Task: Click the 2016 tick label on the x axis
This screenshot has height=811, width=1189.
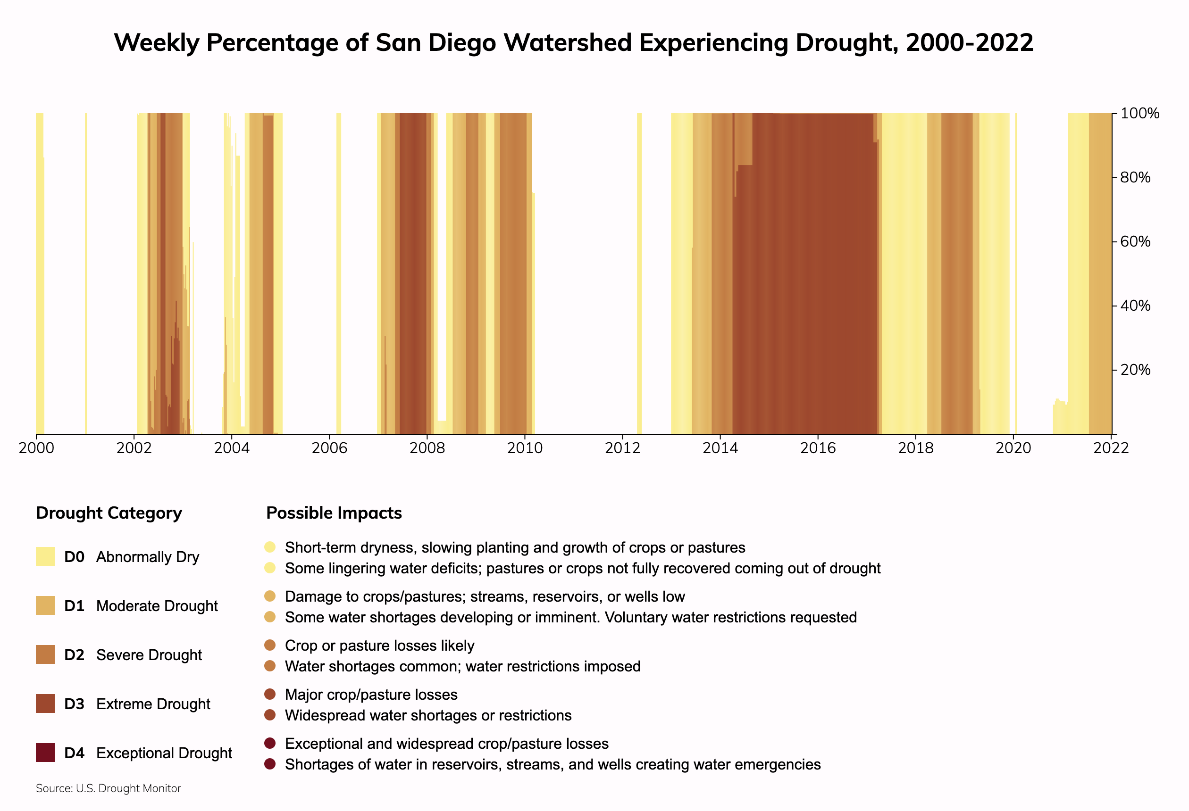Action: (x=818, y=448)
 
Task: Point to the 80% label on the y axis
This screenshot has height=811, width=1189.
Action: (x=1135, y=177)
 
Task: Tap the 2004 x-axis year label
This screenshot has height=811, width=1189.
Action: (x=231, y=448)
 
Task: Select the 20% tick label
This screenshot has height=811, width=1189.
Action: (x=1135, y=370)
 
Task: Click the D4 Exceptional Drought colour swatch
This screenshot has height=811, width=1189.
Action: (x=45, y=753)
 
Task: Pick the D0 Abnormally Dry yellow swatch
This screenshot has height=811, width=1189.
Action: (x=45, y=556)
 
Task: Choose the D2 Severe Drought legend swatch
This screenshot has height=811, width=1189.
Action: (x=45, y=654)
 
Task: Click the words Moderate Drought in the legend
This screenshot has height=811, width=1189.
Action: (x=157, y=606)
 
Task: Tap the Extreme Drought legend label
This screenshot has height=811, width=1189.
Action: (x=153, y=704)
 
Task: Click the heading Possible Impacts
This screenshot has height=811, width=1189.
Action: (x=334, y=513)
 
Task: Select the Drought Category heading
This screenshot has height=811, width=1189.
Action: (x=109, y=513)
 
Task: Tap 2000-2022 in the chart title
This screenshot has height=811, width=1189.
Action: (x=969, y=42)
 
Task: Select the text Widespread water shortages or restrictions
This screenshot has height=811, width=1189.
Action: (x=428, y=715)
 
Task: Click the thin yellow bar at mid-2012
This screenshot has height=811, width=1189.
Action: (x=639, y=273)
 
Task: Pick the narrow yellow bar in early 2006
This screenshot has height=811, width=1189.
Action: (x=339, y=273)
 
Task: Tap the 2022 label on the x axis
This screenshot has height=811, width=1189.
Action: (x=1111, y=448)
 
